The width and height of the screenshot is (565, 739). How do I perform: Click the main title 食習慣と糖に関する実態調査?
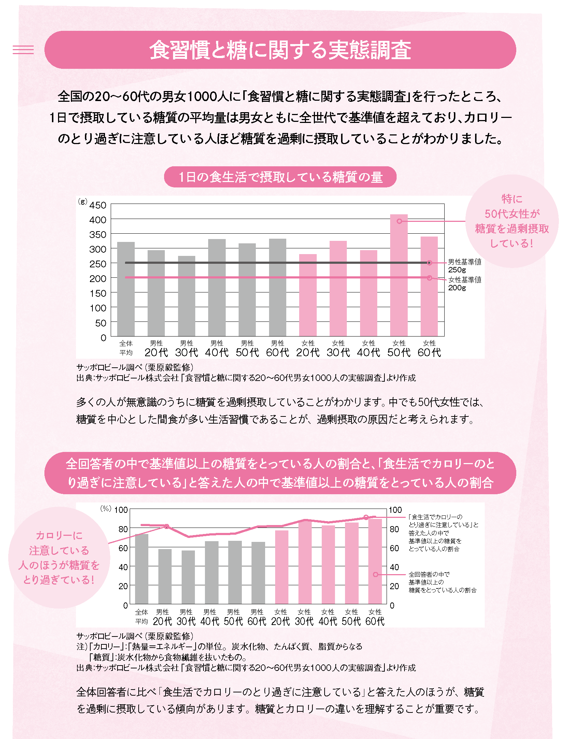pyautogui.click(x=280, y=50)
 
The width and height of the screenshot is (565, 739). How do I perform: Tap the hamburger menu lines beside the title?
pyautogui.click(x=23, y=49)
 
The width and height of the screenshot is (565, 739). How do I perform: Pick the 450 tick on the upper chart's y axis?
pyautogui.click(x=98, y=205)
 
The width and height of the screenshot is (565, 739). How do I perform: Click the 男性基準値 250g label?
pyautogui.click(x=464, y=266)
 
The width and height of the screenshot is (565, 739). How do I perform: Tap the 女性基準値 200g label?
pyautogui.click(x=464, y=283)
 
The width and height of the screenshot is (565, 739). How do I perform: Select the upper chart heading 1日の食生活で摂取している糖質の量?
pyautogui.click(x=280, y=177)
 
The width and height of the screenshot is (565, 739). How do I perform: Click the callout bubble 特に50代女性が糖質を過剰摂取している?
pyautogui.click(x=512, y=221)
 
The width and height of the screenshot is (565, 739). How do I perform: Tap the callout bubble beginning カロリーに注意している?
pyautogui.click(x=59, y=557)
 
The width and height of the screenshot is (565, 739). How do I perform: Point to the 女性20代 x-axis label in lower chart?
pyautogui.click(x=281, y=617)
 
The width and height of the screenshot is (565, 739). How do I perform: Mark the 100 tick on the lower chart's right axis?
pyautogui.click(x=395, y=510)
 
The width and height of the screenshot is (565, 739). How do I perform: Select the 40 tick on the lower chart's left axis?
pyautogui.click(x=123, y=567)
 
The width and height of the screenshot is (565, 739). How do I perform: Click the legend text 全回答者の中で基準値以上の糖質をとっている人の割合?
pyautogui.click(x=442, y=582)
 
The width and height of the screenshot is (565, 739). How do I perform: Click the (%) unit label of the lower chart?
pyautogui.click(x=106, y=509)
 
